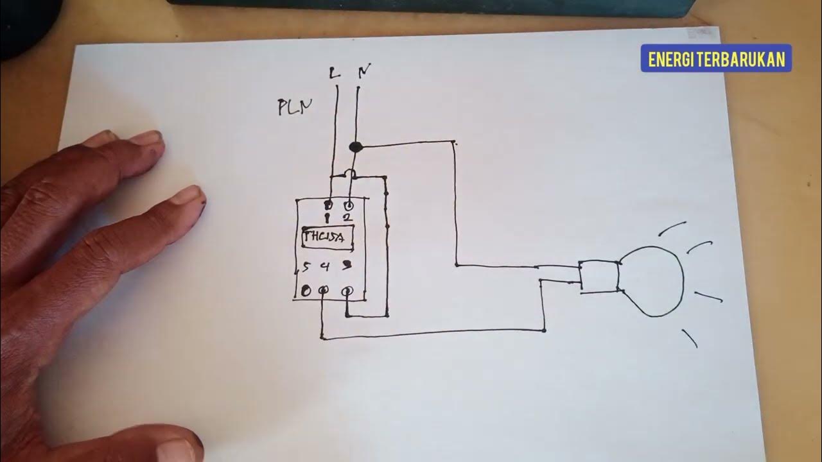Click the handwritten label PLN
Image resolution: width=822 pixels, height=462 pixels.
click(x=295, y=107)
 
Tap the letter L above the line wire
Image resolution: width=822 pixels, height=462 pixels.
click(x=334, y=73)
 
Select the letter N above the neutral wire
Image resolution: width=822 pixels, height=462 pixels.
click(x=363, y=72)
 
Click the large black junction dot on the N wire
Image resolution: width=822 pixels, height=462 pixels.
click(x=355, y=147)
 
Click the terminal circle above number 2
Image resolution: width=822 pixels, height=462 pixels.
click(x=349, y=206)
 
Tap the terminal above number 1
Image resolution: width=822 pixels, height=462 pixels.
click(x=328, y=206)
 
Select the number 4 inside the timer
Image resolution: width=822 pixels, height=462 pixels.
click(x=325, y=266)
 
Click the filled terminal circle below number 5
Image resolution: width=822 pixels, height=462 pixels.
click(x=306, y=291)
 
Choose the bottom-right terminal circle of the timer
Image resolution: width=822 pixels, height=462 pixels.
click(x=347, y=291)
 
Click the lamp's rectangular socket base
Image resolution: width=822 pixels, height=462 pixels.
click(x=599, y=277)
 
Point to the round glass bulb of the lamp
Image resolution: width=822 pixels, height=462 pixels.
click(x=650, y=281)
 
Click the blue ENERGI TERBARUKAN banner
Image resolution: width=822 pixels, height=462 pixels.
click(x=716, y=59)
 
